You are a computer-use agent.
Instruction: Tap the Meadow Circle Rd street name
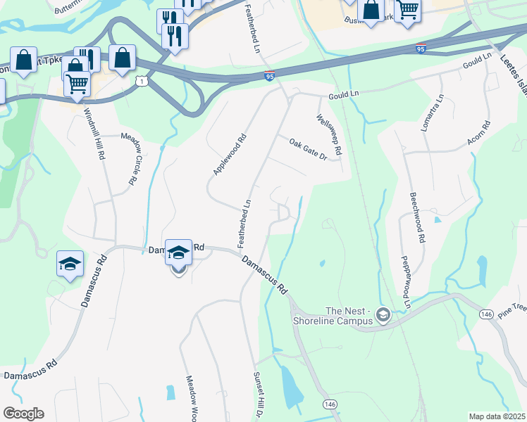(127, 160)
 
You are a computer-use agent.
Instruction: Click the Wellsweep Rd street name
(329, 135)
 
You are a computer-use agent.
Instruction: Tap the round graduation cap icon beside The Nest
(383, 314)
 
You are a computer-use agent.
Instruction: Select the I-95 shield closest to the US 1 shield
(269, 76)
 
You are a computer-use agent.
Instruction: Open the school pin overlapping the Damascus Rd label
(178, 252)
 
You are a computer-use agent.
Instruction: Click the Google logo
(23, 414)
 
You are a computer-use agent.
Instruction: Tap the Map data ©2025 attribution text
(496, 416)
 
